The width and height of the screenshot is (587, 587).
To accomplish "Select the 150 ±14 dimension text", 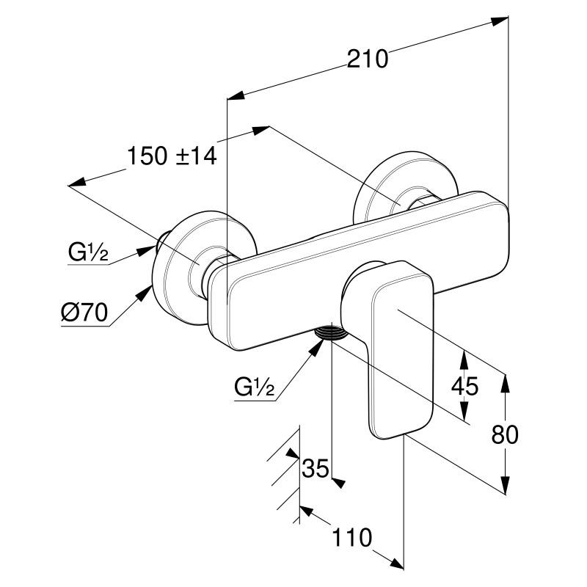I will tap(172, 156).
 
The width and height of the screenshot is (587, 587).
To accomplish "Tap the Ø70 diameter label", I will tap(84, 314).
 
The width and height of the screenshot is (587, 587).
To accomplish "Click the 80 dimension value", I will tap(504, 434).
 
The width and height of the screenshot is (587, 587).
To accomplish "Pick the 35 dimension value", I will tap(316, 467).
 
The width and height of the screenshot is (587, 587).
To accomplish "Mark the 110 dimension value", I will tap(351, 538).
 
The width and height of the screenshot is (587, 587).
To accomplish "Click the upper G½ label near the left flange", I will tap(88, 254).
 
